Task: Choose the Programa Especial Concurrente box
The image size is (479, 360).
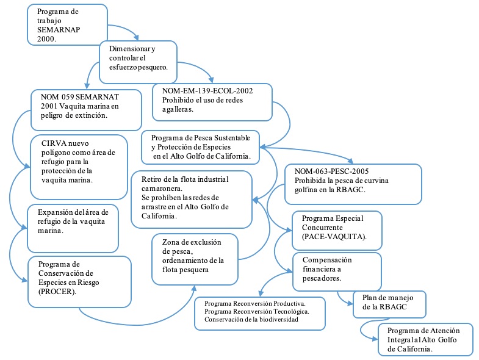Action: coord(337,227)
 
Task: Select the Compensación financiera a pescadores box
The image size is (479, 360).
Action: coord(337,269)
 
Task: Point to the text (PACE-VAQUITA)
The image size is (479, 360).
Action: coord(333,236)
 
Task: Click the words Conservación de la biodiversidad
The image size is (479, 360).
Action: coord(251,319)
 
